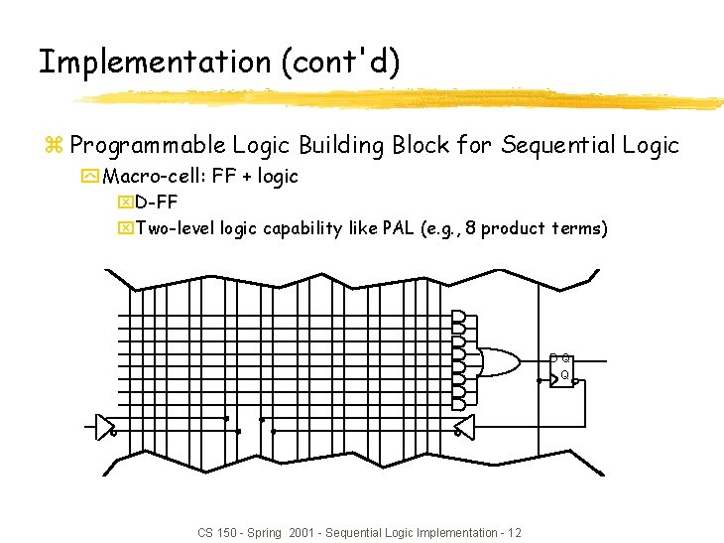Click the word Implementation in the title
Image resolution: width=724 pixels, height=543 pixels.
[154, 62]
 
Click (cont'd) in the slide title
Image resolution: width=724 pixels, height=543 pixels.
[340, 62]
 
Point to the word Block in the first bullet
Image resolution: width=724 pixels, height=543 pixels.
[420, 145]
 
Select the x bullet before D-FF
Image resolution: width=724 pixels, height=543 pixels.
[124, 204]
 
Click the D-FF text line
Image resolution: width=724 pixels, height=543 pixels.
[157, 204]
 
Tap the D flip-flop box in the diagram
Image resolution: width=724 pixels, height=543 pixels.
[561, 369]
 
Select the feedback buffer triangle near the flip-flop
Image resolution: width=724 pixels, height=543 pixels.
[463, 425]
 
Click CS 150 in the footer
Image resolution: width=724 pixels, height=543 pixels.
[215, 533]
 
